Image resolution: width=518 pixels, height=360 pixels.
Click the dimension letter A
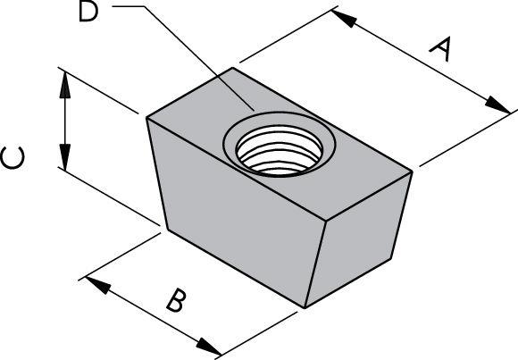pos(440,50)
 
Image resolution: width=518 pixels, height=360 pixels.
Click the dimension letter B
pos(175,300)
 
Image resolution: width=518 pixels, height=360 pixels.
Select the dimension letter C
pos(13,158)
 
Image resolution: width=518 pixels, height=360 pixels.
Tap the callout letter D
pos(88,13)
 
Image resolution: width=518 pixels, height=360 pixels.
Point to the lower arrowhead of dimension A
pos(497,105)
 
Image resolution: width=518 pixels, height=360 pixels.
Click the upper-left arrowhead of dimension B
pos(98,285)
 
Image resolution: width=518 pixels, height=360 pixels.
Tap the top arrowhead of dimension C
pos(64,85)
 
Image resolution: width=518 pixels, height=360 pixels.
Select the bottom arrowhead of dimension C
pos(64,158)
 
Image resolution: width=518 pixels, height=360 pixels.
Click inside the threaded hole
pos(280,150)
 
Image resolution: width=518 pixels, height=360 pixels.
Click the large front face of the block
pos(236,212)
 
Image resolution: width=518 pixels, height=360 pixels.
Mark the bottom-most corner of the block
pos(305,308)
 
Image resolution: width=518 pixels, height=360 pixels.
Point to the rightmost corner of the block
pos(412,172)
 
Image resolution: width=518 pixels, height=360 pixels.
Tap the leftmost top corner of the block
pos(146,118)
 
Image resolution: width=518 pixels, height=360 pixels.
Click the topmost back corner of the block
pos(232,68)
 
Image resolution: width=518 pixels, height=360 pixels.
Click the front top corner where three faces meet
pos(327,220)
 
